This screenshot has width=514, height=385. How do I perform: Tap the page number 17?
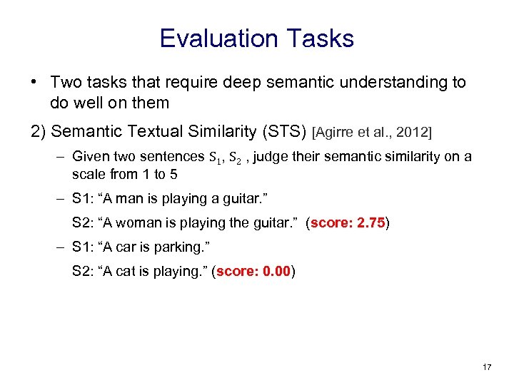click(487, 367)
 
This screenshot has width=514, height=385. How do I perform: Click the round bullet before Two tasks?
click(34, 83)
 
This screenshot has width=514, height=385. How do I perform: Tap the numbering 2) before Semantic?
click(39, 132)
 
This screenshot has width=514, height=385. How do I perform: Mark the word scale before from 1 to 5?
click(89, 174)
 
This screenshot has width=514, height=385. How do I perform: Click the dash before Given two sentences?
click(61, 157)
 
